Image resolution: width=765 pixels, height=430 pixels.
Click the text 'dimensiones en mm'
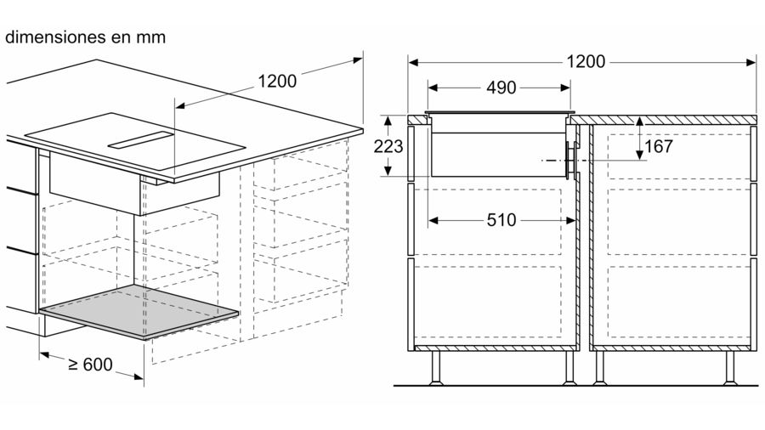tap(85, 37)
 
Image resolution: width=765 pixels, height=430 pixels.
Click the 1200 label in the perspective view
tap(276, 81)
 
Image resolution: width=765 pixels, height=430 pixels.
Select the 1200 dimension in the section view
tap(586, 61)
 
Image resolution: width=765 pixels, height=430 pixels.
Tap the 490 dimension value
tap(501, 88)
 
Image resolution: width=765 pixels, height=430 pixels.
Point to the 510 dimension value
tap(501, 220)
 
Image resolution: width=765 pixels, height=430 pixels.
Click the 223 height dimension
tap(388, 146)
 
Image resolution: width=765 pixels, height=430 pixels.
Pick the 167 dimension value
tap(659, 146)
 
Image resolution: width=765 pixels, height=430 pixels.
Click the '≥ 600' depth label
tap(90, 365)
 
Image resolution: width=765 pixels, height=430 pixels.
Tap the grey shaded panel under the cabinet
tap(139, 312)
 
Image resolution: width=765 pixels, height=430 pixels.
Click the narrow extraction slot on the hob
tap(140, 140)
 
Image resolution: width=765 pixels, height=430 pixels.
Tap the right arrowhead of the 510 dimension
tap(571, 220)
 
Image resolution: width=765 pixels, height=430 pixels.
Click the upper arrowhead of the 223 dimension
tap(388, 121)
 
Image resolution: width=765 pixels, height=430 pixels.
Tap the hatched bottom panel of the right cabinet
tap(670, 348)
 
